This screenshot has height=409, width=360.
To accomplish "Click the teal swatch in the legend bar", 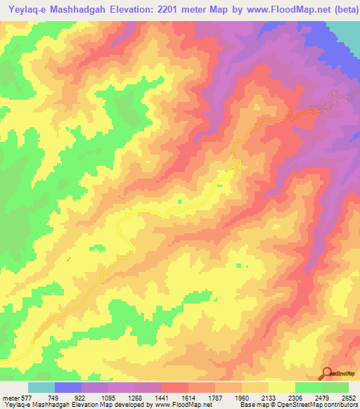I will (x=41, y=387).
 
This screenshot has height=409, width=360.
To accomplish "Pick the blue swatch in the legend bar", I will (x=68, y=387).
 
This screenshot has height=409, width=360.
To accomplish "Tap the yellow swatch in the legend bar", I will (x=281, y=387).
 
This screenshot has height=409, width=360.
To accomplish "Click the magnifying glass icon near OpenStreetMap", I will (x=327, y=373).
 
